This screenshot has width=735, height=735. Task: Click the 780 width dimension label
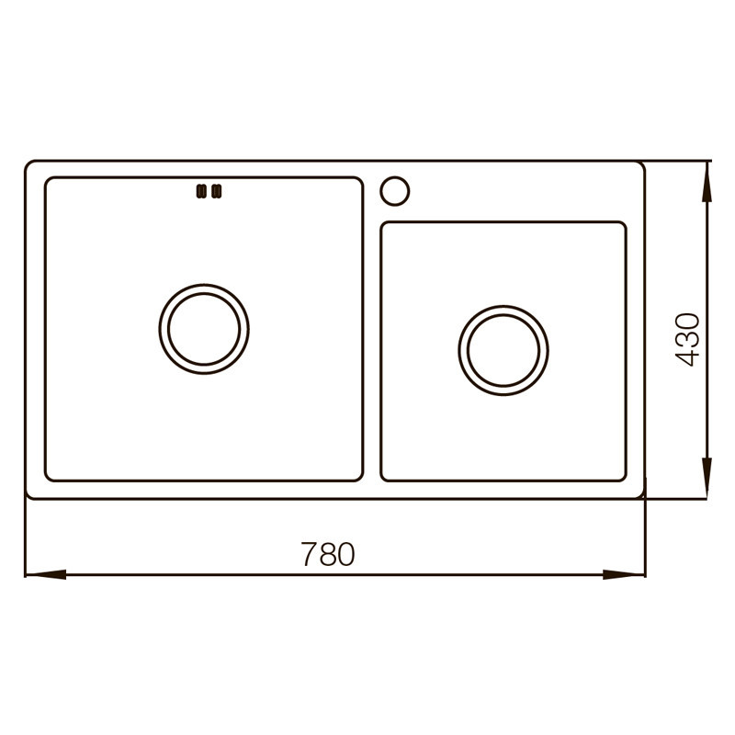click(327, 554)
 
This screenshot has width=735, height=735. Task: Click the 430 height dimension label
click(688, 340)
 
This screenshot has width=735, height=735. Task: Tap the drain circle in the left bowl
click(204, 328)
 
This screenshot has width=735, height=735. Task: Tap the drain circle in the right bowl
click(503, 348)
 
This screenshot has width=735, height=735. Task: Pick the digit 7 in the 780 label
click(309, 554)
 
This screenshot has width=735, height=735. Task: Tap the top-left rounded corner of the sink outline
click(28, 165)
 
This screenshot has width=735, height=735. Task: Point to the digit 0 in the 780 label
click(345, 554)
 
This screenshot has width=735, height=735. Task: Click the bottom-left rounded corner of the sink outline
click(28, 495)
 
